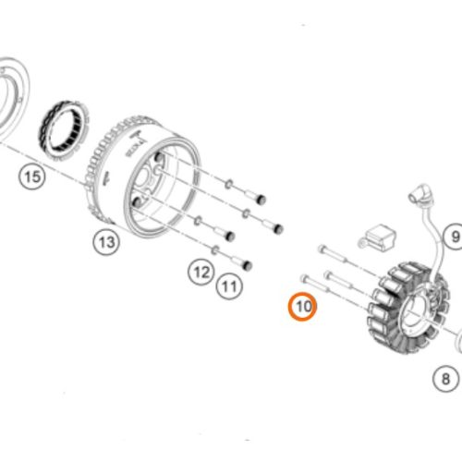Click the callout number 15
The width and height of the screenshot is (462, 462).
[x=32, y=176]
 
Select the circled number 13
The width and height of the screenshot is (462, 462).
[x=106, y=242]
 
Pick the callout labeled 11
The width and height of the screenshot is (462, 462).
[x=228, y=287]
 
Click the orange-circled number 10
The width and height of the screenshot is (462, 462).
[x=302, y=305]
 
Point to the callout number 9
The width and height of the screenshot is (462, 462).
[x=454, y=237]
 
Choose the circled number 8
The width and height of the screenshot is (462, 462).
[x=444, y=378]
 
